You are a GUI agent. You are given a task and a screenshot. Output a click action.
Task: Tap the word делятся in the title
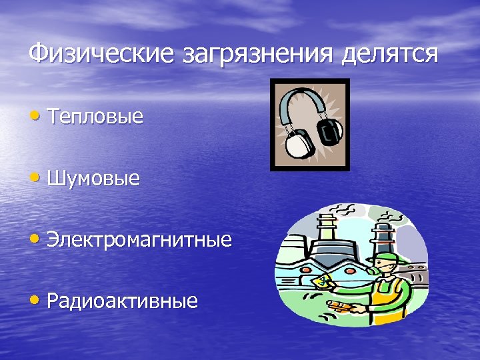389,53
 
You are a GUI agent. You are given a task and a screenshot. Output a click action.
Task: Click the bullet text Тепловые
95,117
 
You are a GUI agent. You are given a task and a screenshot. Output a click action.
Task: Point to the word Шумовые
94,179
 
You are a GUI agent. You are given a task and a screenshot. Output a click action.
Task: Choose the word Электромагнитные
139,240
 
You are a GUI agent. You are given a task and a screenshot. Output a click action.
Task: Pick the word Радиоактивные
123,301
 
